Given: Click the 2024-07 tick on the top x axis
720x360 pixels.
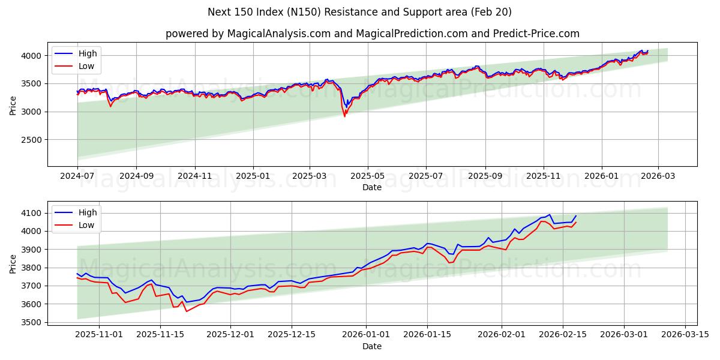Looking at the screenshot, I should [x=77, y=176].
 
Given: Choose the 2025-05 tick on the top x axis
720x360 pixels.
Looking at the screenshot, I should [x=368, y=176].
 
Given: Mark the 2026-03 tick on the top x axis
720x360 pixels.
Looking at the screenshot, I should [x=658, y=176].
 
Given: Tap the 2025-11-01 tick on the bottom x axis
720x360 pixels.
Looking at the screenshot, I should [x=99, y=334].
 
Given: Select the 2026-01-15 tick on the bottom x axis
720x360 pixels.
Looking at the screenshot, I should [x=428, y=334].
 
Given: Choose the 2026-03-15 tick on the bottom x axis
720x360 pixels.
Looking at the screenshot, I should [x=685, y=334].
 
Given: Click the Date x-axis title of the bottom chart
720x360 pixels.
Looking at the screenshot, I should [x=372, y=346].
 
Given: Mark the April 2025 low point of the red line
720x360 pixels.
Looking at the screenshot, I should [x=344, y=116].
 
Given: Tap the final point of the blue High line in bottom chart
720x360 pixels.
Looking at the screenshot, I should [x=576, y=216].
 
